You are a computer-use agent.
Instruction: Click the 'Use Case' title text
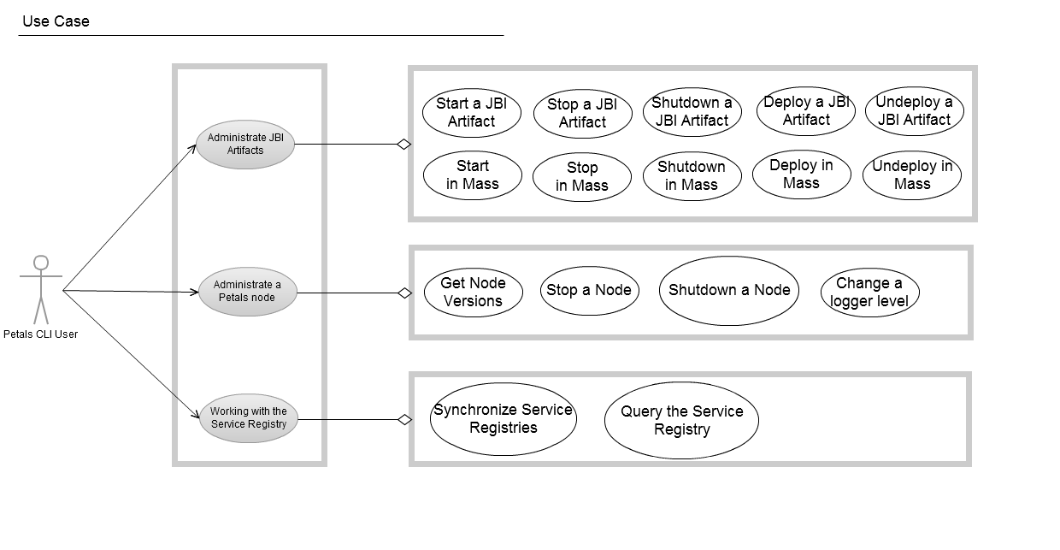point(56,21)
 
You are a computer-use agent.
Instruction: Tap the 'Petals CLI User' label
point(41,334)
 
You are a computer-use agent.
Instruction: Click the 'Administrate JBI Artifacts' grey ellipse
point(246,144)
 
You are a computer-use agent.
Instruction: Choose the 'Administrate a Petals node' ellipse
point(247,292)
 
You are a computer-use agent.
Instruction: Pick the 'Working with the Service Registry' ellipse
point(248,418)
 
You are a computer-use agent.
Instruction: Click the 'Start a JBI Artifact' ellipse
point(471,113)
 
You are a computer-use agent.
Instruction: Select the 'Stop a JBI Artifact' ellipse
point(582,114)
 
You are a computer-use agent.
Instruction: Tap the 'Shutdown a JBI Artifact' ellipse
point(692,112)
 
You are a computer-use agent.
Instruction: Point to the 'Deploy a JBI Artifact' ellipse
point(806,111)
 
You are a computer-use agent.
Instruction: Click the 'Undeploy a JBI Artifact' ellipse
point(914,111)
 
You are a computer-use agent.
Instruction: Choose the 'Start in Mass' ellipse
point(472,174)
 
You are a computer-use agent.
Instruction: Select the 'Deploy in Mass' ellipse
point(801,174)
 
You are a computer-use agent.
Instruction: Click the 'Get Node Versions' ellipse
point(473,292)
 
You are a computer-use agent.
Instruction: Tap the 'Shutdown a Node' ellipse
point(729,291)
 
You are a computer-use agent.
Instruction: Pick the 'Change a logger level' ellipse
point(869,293)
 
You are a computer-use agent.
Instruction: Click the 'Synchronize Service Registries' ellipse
point(503,419)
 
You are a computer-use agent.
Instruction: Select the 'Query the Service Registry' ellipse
point(681,420)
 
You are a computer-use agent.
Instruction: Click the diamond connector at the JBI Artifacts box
point(404,145)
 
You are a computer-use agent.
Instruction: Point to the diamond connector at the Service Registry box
point(405,419)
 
